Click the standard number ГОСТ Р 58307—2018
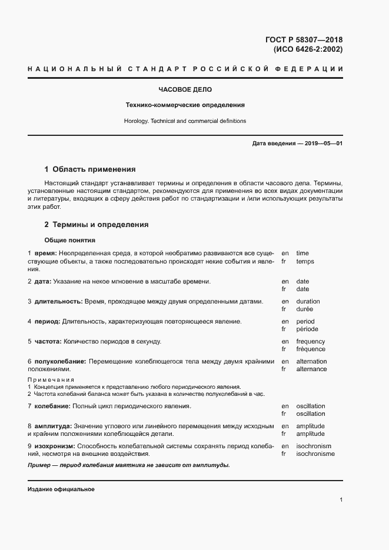(304, 40)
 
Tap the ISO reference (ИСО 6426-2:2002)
(308, 49)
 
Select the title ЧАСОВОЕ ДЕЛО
(185, 90)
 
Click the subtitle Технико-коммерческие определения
(185, 105)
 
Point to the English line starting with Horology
(185, 121)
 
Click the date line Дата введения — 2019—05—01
(297, 144)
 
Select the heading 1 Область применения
(90, 169)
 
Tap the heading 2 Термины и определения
(97, 225)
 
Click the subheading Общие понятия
(69, 240)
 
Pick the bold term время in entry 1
(45, 253)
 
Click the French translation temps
(305, 262)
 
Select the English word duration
(308, 302)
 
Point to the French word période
(307, 329)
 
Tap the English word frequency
(311, 342)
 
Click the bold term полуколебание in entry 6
(60, 362)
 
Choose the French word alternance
(311, 369)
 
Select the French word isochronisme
(315, 454)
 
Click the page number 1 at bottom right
(341, 500)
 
